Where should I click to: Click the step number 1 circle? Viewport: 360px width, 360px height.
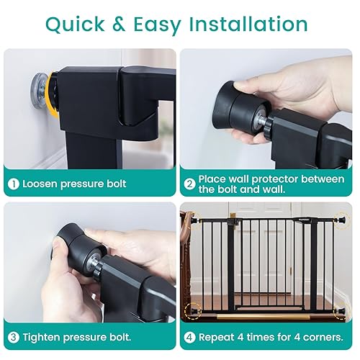[14, 184]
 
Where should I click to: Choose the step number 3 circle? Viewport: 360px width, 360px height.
[14, 337]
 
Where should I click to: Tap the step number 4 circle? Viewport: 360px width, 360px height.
[189, 337]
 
